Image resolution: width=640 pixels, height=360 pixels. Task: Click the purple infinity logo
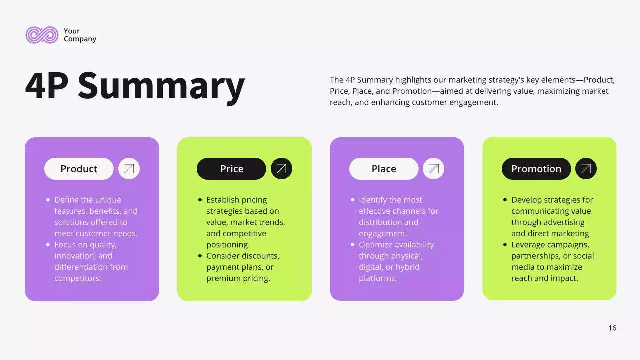(42, 35)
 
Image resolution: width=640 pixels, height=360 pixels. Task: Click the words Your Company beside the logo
(80, 35)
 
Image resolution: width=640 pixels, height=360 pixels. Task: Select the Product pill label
(79, 169)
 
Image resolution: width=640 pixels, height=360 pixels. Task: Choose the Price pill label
(232, 169)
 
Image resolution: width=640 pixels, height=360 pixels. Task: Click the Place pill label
(384, 169)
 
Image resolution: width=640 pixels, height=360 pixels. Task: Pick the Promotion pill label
(536, 169)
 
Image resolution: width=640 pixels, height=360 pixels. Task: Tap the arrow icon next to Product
(129, 169)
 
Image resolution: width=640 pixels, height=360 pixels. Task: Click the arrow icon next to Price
(281, 169)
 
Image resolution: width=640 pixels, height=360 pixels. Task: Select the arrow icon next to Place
(433, 169)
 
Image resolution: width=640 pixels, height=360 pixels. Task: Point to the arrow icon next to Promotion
(586, 169)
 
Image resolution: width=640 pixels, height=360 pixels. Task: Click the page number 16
(612, 328)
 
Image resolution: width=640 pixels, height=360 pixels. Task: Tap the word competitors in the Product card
(78, 278)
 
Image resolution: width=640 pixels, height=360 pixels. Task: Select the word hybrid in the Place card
(407, 267)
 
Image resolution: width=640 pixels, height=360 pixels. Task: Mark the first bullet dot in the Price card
(200, 200)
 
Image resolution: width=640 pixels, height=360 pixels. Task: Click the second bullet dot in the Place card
(353, 245)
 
